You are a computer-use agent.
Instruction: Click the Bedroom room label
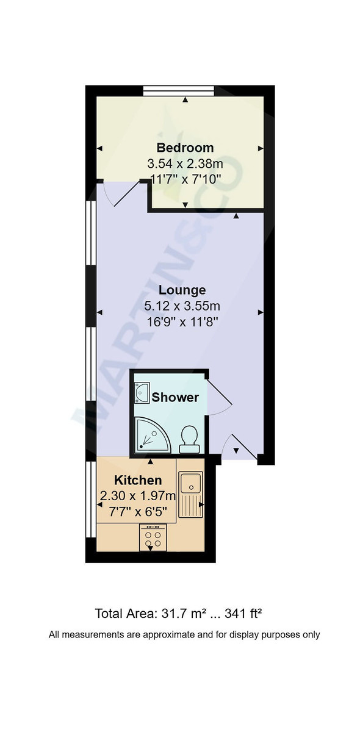[x=185, y=148]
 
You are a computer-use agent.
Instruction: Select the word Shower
[x=175, y=398]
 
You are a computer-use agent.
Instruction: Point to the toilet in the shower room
[x=189, y=439]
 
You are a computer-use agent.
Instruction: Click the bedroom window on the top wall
[x=179, y=91]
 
